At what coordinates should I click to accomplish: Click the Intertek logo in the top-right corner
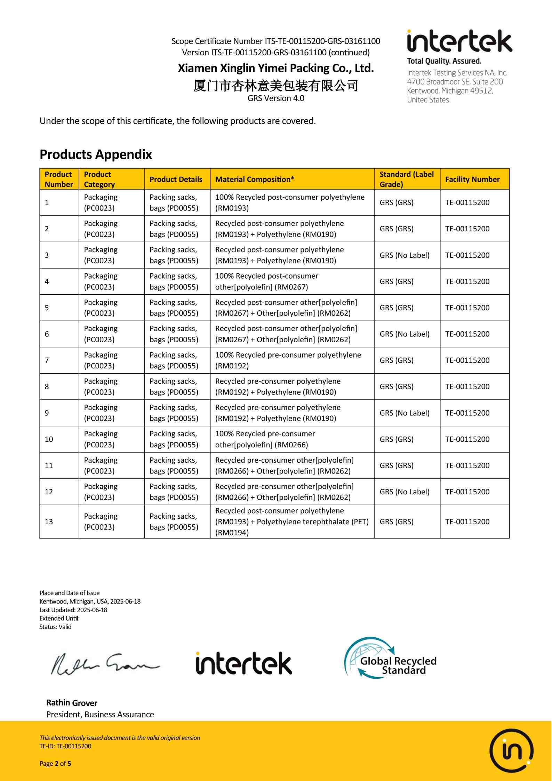(459, 41)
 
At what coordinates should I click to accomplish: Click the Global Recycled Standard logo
(391, 658)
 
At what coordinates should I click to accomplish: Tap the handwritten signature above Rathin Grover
(104, 664)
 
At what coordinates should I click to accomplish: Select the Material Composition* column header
(255, 180)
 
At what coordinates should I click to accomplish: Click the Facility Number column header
(472, 180)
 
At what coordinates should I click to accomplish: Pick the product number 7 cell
(47, 360)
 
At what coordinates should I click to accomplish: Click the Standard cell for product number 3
(405, 255)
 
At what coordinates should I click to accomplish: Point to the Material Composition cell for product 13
(291, 521)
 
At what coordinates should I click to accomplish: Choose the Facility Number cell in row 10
(467, 439)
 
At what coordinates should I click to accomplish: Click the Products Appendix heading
(96, 154)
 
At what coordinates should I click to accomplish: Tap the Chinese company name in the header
(275, 85)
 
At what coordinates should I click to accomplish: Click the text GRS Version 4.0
(276, 98)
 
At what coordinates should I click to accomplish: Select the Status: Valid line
(55, 627)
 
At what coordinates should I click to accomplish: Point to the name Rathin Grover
(72, 703)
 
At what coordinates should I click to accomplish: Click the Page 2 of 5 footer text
(55, 764)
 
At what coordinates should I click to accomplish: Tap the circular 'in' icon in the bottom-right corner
(511, 750)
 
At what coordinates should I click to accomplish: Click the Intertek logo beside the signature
(244, 663)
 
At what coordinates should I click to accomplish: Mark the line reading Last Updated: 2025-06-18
(73, 610)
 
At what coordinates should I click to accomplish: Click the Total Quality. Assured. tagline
(444, 61)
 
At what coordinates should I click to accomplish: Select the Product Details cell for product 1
(174, 202)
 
